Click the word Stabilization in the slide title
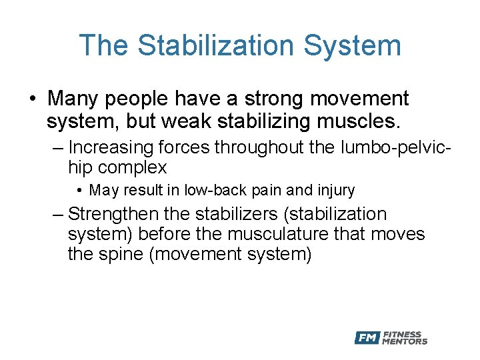214,45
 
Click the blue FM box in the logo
367,338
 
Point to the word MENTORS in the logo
405,341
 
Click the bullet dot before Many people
32,99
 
